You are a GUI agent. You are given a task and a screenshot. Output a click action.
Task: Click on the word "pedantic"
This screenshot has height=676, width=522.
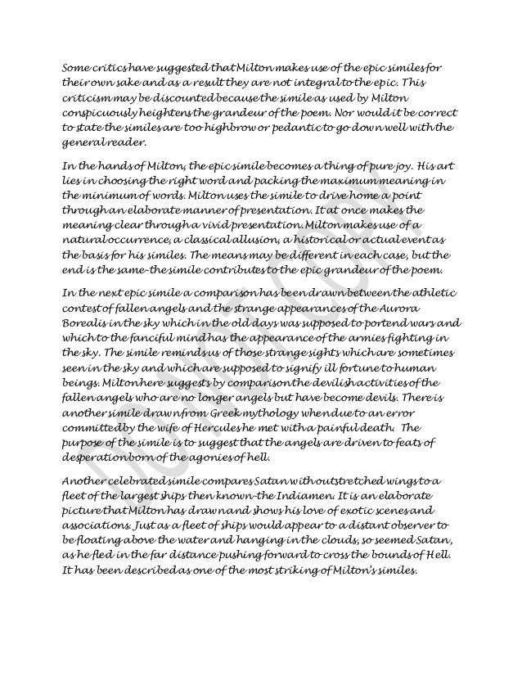point(312,128)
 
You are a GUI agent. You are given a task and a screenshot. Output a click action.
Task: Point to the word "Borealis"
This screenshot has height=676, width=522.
point(88,322)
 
